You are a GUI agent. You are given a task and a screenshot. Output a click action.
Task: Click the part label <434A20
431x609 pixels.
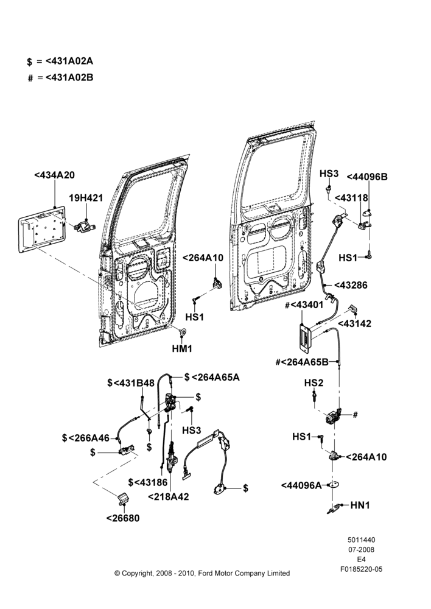click(x=54, y=175)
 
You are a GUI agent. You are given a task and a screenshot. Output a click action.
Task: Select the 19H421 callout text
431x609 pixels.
click(x=86, y=198)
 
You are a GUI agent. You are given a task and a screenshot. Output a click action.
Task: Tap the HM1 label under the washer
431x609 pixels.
click(x=182, y=349)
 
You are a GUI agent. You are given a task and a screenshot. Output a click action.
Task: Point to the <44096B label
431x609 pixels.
click(x=367, y=177)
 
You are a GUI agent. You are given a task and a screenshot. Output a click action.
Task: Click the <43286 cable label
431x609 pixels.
click(x=351, y=286)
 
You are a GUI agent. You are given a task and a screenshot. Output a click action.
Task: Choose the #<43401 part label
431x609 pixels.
click(x=304, y=305)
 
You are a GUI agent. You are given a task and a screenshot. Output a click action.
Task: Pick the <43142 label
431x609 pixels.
click(x=354, y=323)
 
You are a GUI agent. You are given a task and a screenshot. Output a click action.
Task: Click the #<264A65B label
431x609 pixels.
click(x=302, y=362)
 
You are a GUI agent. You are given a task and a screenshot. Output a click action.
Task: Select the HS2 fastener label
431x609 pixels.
click(x=314, y=383)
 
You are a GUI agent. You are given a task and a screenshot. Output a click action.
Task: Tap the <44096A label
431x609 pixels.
click(x=301, y=485)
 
